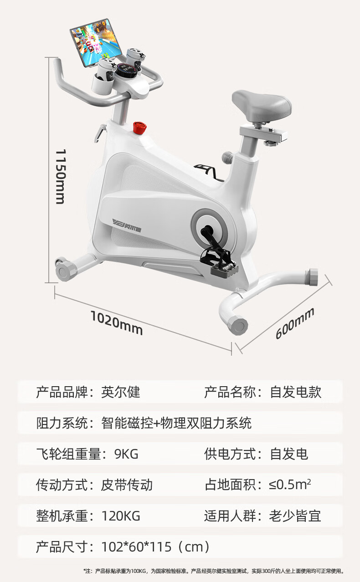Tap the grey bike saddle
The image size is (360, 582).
pyautogui.click(x=261, y=104)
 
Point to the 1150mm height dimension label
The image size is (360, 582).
pyautogui.click(x=61, y=177)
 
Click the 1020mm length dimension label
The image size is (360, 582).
pyautogui.click(x=116, y=322)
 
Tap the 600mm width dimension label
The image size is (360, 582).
pyautogui.click(x=295, y=323)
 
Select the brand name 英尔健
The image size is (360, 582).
pyautogui.click(x=121, y=392)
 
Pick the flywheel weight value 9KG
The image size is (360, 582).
pyautogui.click(x=126, y=454)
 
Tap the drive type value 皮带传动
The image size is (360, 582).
pyautogui.click(x=127, y=485)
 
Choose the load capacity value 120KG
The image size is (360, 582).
pyautogui.click(x=121, y=516)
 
